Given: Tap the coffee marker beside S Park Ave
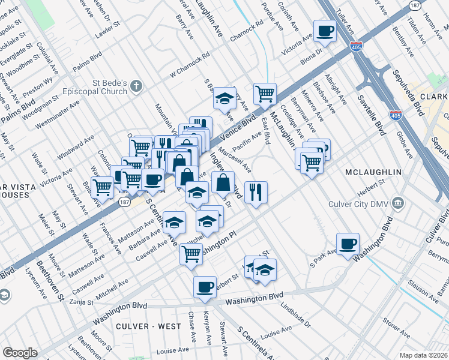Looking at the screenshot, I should tap(348, 244).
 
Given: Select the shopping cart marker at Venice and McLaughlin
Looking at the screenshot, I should tap(265, 94).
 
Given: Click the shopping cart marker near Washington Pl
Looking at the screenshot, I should tap(191, 253).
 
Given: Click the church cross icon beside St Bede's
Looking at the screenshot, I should tap(137, 86).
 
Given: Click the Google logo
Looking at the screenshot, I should tap(20, 353).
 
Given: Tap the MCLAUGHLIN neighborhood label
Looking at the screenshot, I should tap(373, 173).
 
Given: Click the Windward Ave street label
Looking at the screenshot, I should tap(76, 147).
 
